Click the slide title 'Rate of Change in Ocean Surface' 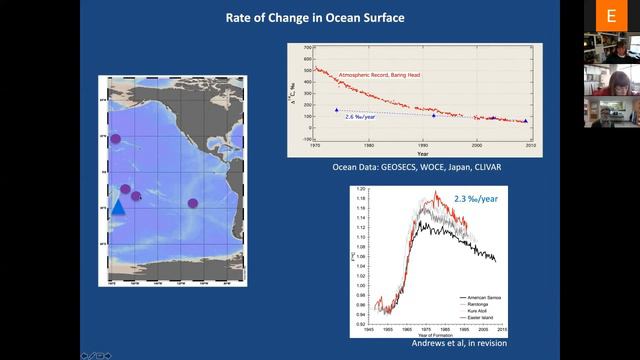(x=320, y=15)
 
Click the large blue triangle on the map (x=118, y=206)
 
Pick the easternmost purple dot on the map (x=193, y=204)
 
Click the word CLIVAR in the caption (x=479, y=166)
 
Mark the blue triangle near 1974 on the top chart (x=336, y=109)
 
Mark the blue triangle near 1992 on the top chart (x=433, y=116)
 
